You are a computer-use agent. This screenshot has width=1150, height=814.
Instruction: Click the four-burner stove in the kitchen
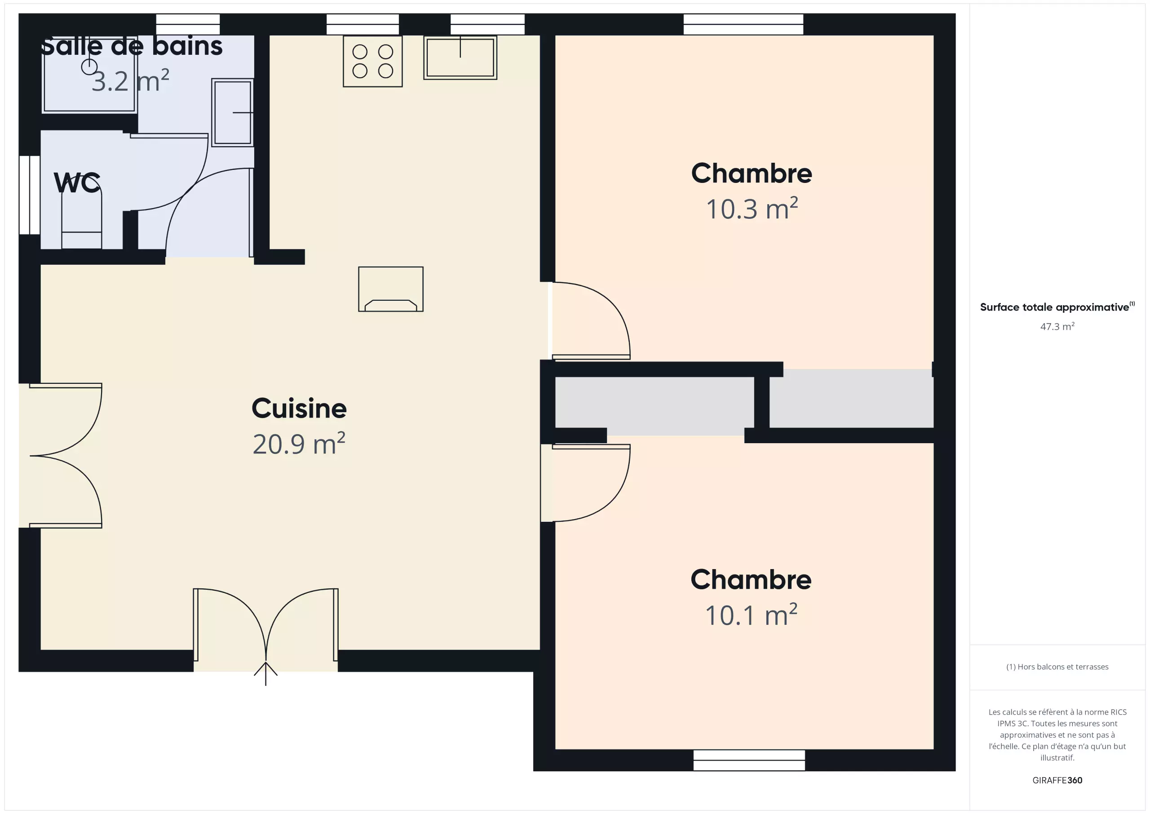click(373, 61)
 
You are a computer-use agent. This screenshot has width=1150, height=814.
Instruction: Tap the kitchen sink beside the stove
click(460, 57)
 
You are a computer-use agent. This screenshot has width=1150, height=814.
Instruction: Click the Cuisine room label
click(299, 409)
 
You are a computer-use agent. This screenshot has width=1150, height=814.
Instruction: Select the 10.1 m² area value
click(751, 615)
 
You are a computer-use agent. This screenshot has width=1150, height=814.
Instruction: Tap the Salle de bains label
click(131, 46)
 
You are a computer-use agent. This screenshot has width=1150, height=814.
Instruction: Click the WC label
click(77, 182)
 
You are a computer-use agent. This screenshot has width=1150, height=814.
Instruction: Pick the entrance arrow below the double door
click(265, 673)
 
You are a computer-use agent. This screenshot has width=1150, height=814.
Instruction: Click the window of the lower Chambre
click(749, 761)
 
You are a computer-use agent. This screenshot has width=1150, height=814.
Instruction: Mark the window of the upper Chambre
click(743, 24)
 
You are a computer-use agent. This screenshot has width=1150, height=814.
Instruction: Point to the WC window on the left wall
click(30, 195)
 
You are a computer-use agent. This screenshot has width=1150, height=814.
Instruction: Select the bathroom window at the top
click(188, 24)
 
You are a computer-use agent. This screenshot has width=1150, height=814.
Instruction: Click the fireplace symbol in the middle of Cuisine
click(391, 289)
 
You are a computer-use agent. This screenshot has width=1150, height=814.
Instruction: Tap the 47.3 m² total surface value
click(1057, 326)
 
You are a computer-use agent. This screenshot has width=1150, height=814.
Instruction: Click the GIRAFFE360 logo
click(1057, 780)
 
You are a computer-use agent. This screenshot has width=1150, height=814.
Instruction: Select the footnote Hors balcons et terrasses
click(1057, 667)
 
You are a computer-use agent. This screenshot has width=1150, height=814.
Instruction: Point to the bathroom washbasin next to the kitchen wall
click(232, 113)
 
